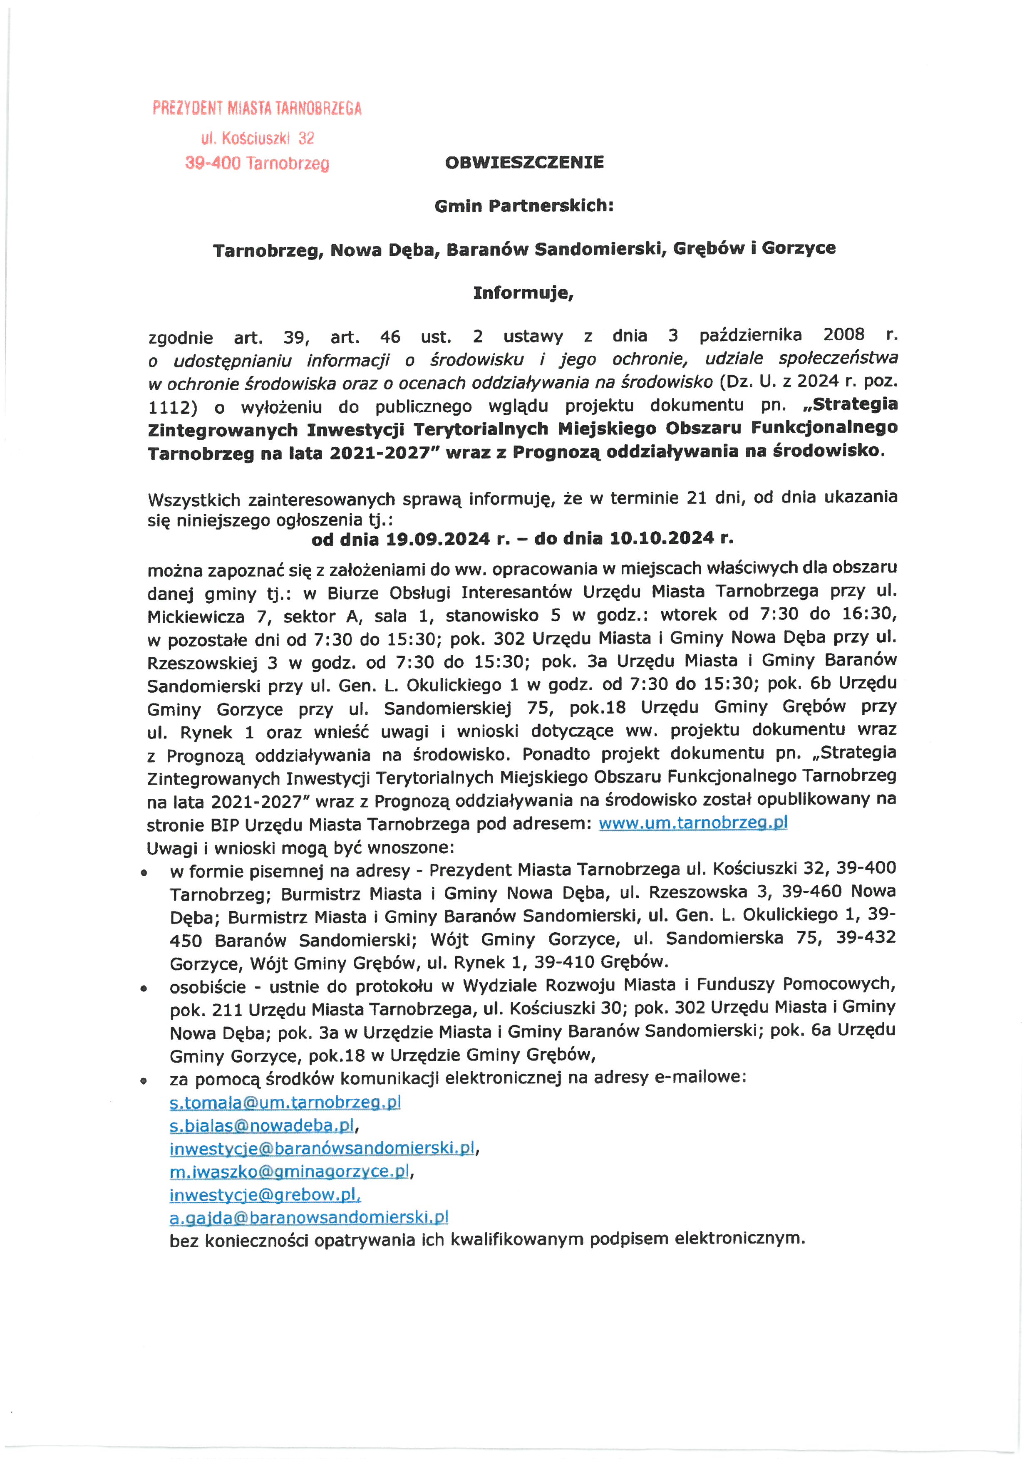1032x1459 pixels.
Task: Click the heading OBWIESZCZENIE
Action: (524, 163)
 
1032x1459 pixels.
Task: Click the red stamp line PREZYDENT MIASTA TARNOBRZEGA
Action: (257, 109)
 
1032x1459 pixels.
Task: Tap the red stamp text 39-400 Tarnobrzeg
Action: (257, 163)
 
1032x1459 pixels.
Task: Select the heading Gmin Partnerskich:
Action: (524, 206)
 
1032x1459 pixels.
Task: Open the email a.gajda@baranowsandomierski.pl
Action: (309, 1218)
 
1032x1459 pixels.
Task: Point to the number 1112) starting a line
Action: (172, 407)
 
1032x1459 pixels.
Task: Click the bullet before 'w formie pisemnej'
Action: (145, 874)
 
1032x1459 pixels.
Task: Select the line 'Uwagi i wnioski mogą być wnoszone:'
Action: (300, 848)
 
